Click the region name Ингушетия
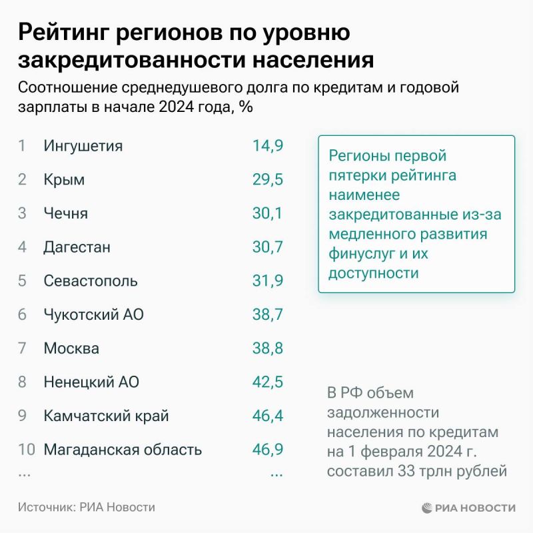click(x=83, y=146)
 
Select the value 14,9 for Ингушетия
click(x=268, y=146)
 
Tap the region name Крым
click(x=64, y=180)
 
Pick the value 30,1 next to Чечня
click(x=268, y=213)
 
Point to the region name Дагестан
click(x=77, y=247)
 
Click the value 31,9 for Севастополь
click(x=268, y=280)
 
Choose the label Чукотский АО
click(x=93, y=314)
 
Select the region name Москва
click(x=71, y=348)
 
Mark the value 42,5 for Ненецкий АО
click(x=268, y=382)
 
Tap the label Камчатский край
click(x=106, y=416)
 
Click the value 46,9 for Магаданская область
click(x=268, y=450)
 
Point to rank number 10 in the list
click(x=26, y=450)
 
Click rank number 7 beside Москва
click(x=22, y=348)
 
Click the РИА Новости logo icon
click(x=428, y=508)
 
